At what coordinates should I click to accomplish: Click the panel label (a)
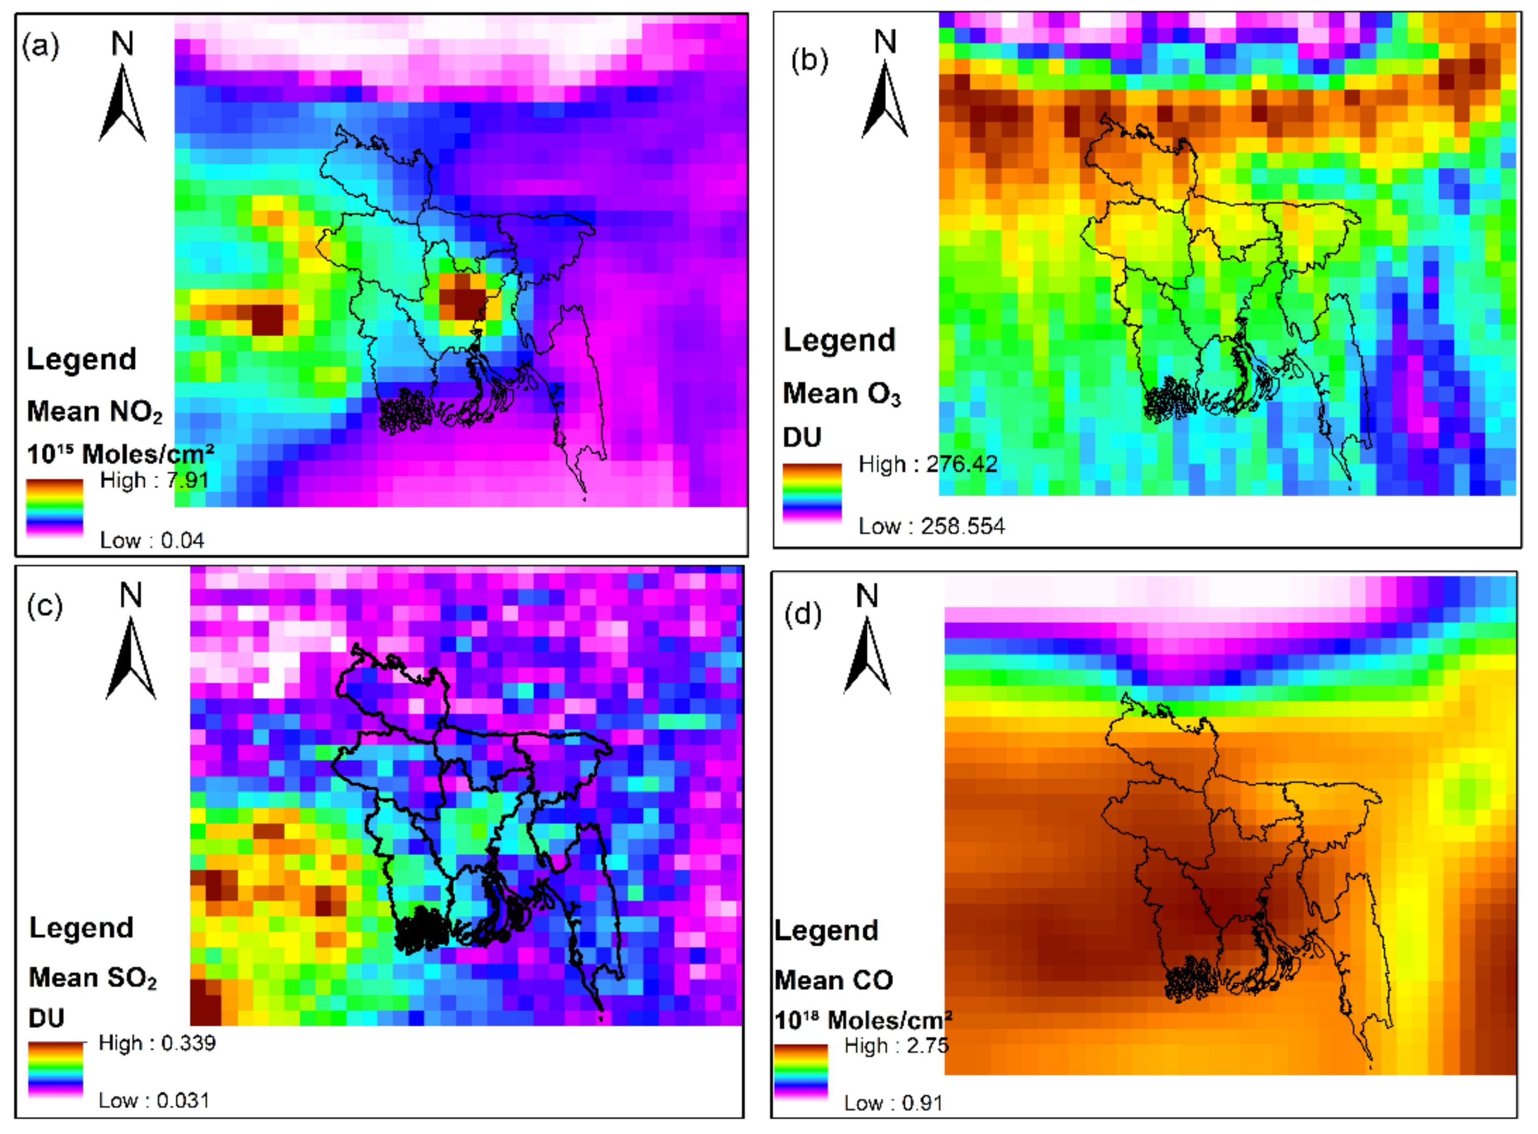point(41,46)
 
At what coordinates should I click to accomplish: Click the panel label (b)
point(809,61)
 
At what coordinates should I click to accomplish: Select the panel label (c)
point(44,606)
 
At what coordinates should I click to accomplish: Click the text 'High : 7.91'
point(154,480)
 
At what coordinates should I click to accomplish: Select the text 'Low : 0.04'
point(152,540)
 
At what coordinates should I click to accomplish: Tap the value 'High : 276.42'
point(927,465)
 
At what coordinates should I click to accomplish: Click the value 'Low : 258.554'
point(931,526)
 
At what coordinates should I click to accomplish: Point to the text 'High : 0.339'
point(157,1043)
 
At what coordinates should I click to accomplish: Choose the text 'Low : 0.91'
point(893,1103)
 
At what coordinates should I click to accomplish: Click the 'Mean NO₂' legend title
point(95,412)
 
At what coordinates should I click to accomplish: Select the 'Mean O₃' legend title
point(842,394)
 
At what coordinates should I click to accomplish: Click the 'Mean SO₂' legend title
point(93,977)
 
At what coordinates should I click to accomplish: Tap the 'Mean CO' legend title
point(833,980)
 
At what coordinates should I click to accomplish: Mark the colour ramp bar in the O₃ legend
point(812,493)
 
